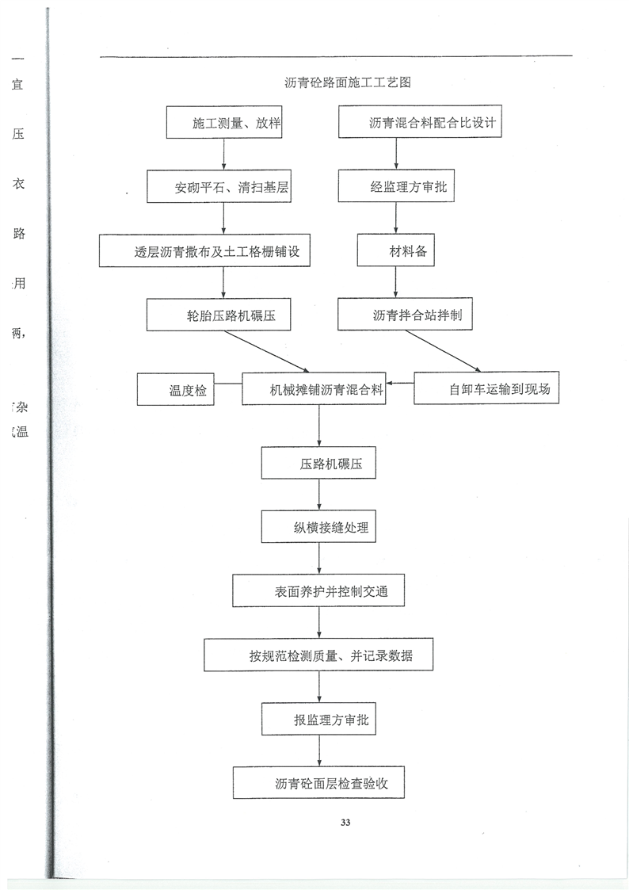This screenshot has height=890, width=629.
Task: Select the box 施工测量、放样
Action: pos(225,124)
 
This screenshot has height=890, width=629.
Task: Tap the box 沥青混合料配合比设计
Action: pos(421,124)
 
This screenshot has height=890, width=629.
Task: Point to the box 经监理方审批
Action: pos(397,189)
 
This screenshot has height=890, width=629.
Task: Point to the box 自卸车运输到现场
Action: pos(487,388)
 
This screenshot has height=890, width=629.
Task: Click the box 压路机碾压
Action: pos(319,464)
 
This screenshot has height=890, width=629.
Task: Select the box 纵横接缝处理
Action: pos(319,527)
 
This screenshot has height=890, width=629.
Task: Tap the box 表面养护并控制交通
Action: pos(319,591)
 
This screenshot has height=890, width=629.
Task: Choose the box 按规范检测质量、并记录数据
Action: pos(319,655)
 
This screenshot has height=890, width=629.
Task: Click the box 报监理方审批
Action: pos(319,720)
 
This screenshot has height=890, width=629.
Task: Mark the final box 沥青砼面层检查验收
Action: pos(319,783)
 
